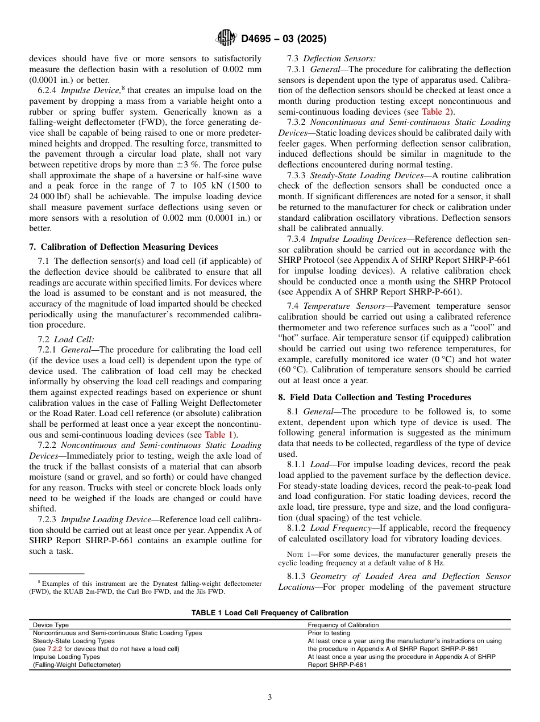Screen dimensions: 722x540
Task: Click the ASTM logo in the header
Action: pyautogui.click(x=227, y=39)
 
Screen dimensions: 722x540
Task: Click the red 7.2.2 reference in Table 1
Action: pyautogui.click(x=55, y=649)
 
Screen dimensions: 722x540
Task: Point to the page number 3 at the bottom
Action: pyautogui.click(x=270, y=698)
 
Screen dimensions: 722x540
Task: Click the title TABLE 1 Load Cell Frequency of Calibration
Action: pyautogui.click(x=269, y=613)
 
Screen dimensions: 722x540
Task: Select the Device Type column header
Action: pyautogui.click(x=51, y=625)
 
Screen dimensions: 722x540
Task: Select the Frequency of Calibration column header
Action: pyautogui.click(x=343, y=625)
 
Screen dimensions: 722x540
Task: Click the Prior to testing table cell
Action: pyautogui.click(x=329, y=633)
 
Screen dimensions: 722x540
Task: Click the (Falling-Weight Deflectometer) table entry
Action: pyautogui.click(x=77, y=665)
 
